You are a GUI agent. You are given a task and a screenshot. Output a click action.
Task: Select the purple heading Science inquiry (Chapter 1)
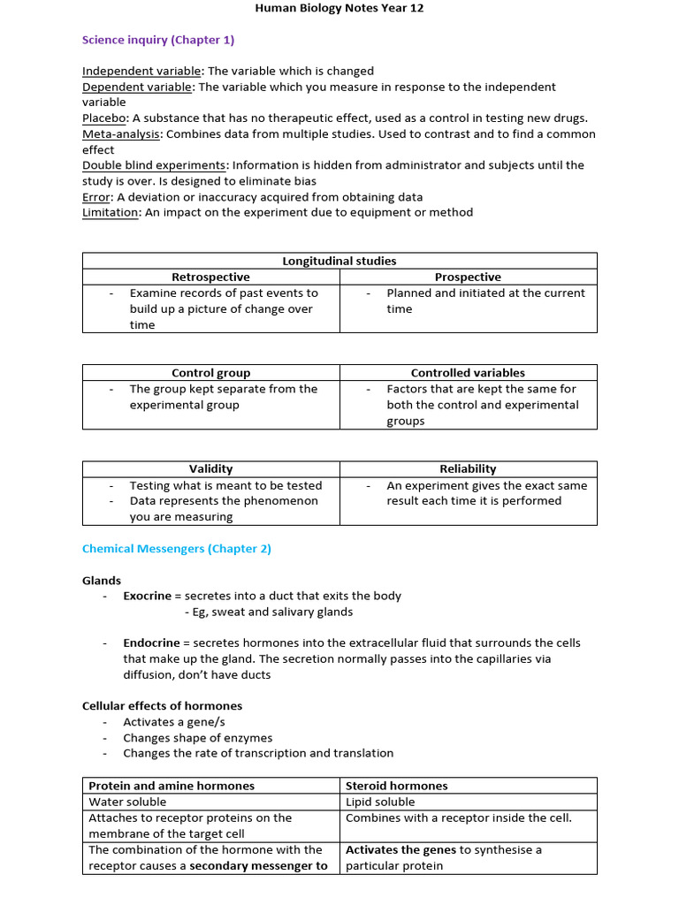click(x=158, y=40)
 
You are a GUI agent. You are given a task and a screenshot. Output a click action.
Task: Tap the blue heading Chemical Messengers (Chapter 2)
click(x=177, y=549)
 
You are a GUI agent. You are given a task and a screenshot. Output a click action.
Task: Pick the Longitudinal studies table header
click(x=339, y=261)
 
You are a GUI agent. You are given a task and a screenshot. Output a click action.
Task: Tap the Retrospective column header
click(x=210, y=277)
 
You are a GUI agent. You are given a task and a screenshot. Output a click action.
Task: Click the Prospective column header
click(x=468, y=277)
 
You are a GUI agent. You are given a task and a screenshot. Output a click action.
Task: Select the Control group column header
click(x=210, y=373)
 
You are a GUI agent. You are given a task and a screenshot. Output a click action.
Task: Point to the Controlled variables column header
click(x=468, y=373)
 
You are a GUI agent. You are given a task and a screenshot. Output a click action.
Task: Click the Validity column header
click(x=210, y=468)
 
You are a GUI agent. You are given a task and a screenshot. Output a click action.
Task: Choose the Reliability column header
click(x=468, y=468)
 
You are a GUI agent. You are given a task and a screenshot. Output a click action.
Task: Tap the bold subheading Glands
click(x=102, y=581)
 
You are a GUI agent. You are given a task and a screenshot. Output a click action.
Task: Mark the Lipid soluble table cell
click(x=380, y=802)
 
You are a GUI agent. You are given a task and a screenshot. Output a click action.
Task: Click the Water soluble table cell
click(x=127, y=802)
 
